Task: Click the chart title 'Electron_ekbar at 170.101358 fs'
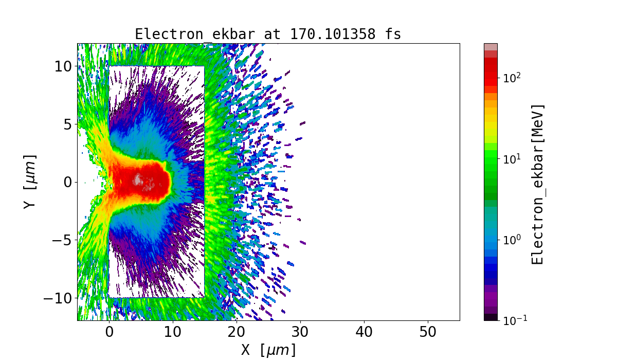tap(268, 34)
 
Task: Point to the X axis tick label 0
tap(109, 332)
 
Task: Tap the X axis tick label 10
tap(173, 332)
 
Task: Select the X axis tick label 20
tap(237, 332)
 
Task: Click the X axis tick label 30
tap(300, 332)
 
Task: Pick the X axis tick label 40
tap(364, 332)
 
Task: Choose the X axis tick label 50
tap(428, 332)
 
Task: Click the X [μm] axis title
tap(268, 350)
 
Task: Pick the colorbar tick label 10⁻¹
tap(513, 320)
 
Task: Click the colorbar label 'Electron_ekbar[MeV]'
tap(537, 184)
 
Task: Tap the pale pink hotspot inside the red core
tap(138, 179)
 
